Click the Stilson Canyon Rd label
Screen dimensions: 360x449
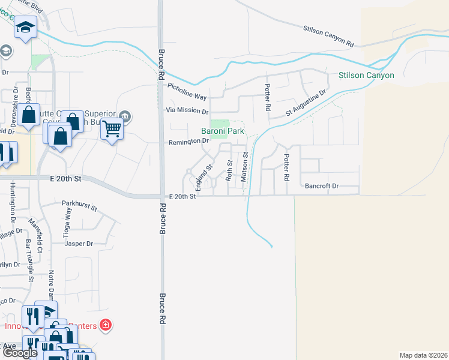(x=329, y=35)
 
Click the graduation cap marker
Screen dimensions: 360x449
(x=26, y=27)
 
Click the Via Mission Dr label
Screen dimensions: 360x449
(x=187, y=111)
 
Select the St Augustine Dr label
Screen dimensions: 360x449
(x=306, y=103)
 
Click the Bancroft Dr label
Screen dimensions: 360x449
(x=322, y=187)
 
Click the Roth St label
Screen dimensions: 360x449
(x=229, y=170)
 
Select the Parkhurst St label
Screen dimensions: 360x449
(x=79, y=206)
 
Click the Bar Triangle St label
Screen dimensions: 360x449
(x=29, y=260)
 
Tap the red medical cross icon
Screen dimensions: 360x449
(x=106, y=326)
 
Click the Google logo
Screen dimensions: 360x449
(x=20, y=353)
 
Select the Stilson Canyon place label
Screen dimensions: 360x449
(x=366, y=76)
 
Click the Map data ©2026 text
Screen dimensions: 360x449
(x=423, y=355)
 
